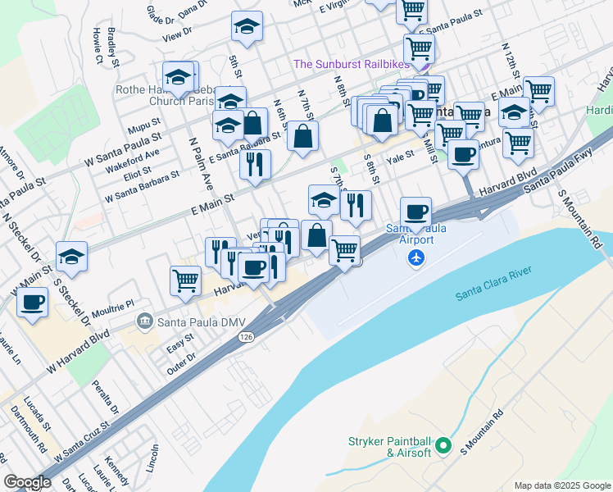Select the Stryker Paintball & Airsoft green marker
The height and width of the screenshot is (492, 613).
[x=443, y=446]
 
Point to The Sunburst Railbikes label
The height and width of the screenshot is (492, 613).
[x=352, y=64]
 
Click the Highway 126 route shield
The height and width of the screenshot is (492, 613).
[x=245, y=336]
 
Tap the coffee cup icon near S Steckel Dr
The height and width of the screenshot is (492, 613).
[x=33, y=302]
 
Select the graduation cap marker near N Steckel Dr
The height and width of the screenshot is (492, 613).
[x=72, y=256]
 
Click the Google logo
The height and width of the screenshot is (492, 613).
[x=27, y=482]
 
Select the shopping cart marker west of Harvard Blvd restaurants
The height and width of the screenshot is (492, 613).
[x=186, y=280]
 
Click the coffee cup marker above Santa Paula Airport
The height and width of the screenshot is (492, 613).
[x=416, y=212]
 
